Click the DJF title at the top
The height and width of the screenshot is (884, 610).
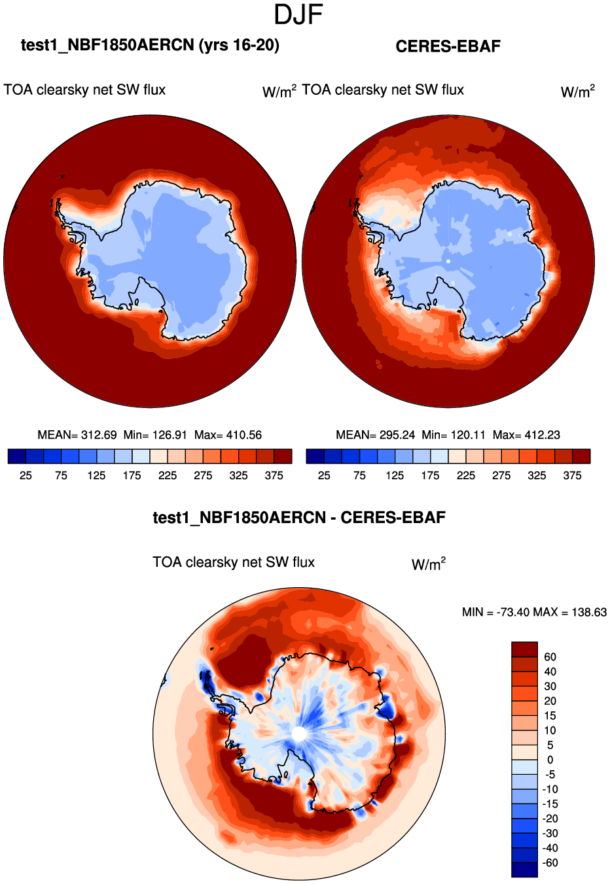tap(298, 14)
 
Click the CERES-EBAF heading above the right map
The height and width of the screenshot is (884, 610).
tap(448, 46)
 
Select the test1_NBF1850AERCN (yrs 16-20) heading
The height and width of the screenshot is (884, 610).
tap(150, 45)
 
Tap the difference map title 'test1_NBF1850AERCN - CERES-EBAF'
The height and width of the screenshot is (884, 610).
tap(299, 518)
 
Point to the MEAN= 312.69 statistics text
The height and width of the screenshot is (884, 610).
tap(77, 435)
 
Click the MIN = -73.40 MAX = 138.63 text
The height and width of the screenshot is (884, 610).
tap(534, 612)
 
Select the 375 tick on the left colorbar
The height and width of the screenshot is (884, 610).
tap(274, 475)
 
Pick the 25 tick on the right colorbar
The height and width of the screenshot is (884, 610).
tap(324, 475)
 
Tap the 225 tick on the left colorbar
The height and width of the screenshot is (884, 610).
tap(168, 475)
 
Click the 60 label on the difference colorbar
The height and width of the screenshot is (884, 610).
tap(550, 657)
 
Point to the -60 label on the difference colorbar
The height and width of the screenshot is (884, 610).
tap(550, 863)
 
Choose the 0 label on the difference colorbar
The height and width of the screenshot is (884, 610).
tap(550, 760)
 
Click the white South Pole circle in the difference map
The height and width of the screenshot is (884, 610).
tap(299, 734)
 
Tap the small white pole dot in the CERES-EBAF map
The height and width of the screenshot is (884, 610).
tap(448, 261)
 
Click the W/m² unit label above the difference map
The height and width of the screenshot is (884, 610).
tap(429, 564)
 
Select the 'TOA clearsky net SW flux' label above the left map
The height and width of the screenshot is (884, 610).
tap(84, 90)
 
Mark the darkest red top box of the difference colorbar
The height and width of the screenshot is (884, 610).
tap(524, 649)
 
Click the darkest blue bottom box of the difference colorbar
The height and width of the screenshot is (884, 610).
tap(524, 870)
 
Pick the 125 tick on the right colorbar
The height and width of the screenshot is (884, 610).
tap(395, 475)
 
